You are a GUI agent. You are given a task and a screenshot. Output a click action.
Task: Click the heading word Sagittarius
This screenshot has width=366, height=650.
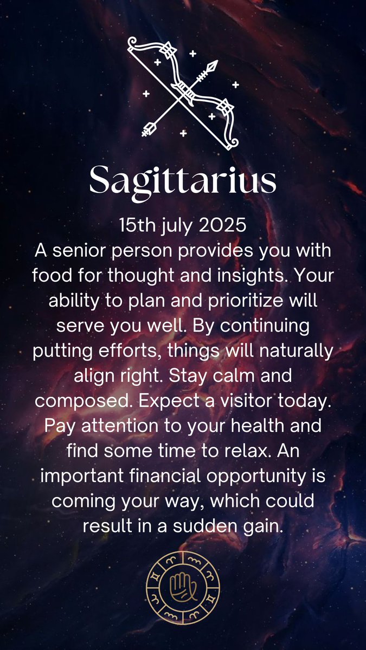click(183, 180)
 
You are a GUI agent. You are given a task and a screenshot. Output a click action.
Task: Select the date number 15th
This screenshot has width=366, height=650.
click(140, 225)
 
